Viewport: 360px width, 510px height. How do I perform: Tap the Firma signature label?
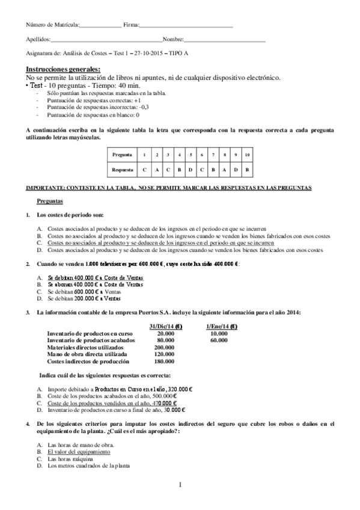131,25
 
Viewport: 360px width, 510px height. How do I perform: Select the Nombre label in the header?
173,40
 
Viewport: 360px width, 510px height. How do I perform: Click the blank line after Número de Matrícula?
100,25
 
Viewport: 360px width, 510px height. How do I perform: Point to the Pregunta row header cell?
122,155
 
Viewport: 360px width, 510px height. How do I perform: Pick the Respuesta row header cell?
122,170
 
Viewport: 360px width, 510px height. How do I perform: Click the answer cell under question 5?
191,170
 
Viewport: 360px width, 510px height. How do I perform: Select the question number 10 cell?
247,155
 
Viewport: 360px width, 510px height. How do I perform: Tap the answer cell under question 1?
144,170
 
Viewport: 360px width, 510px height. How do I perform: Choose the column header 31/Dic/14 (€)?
165,326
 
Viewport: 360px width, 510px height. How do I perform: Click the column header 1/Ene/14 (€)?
221,326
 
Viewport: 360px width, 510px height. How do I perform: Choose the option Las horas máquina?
70,458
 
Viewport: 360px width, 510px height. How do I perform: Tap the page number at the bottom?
180,485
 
